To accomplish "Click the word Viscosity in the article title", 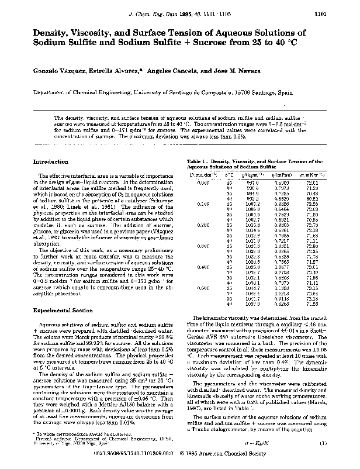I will tap(101, 32).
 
